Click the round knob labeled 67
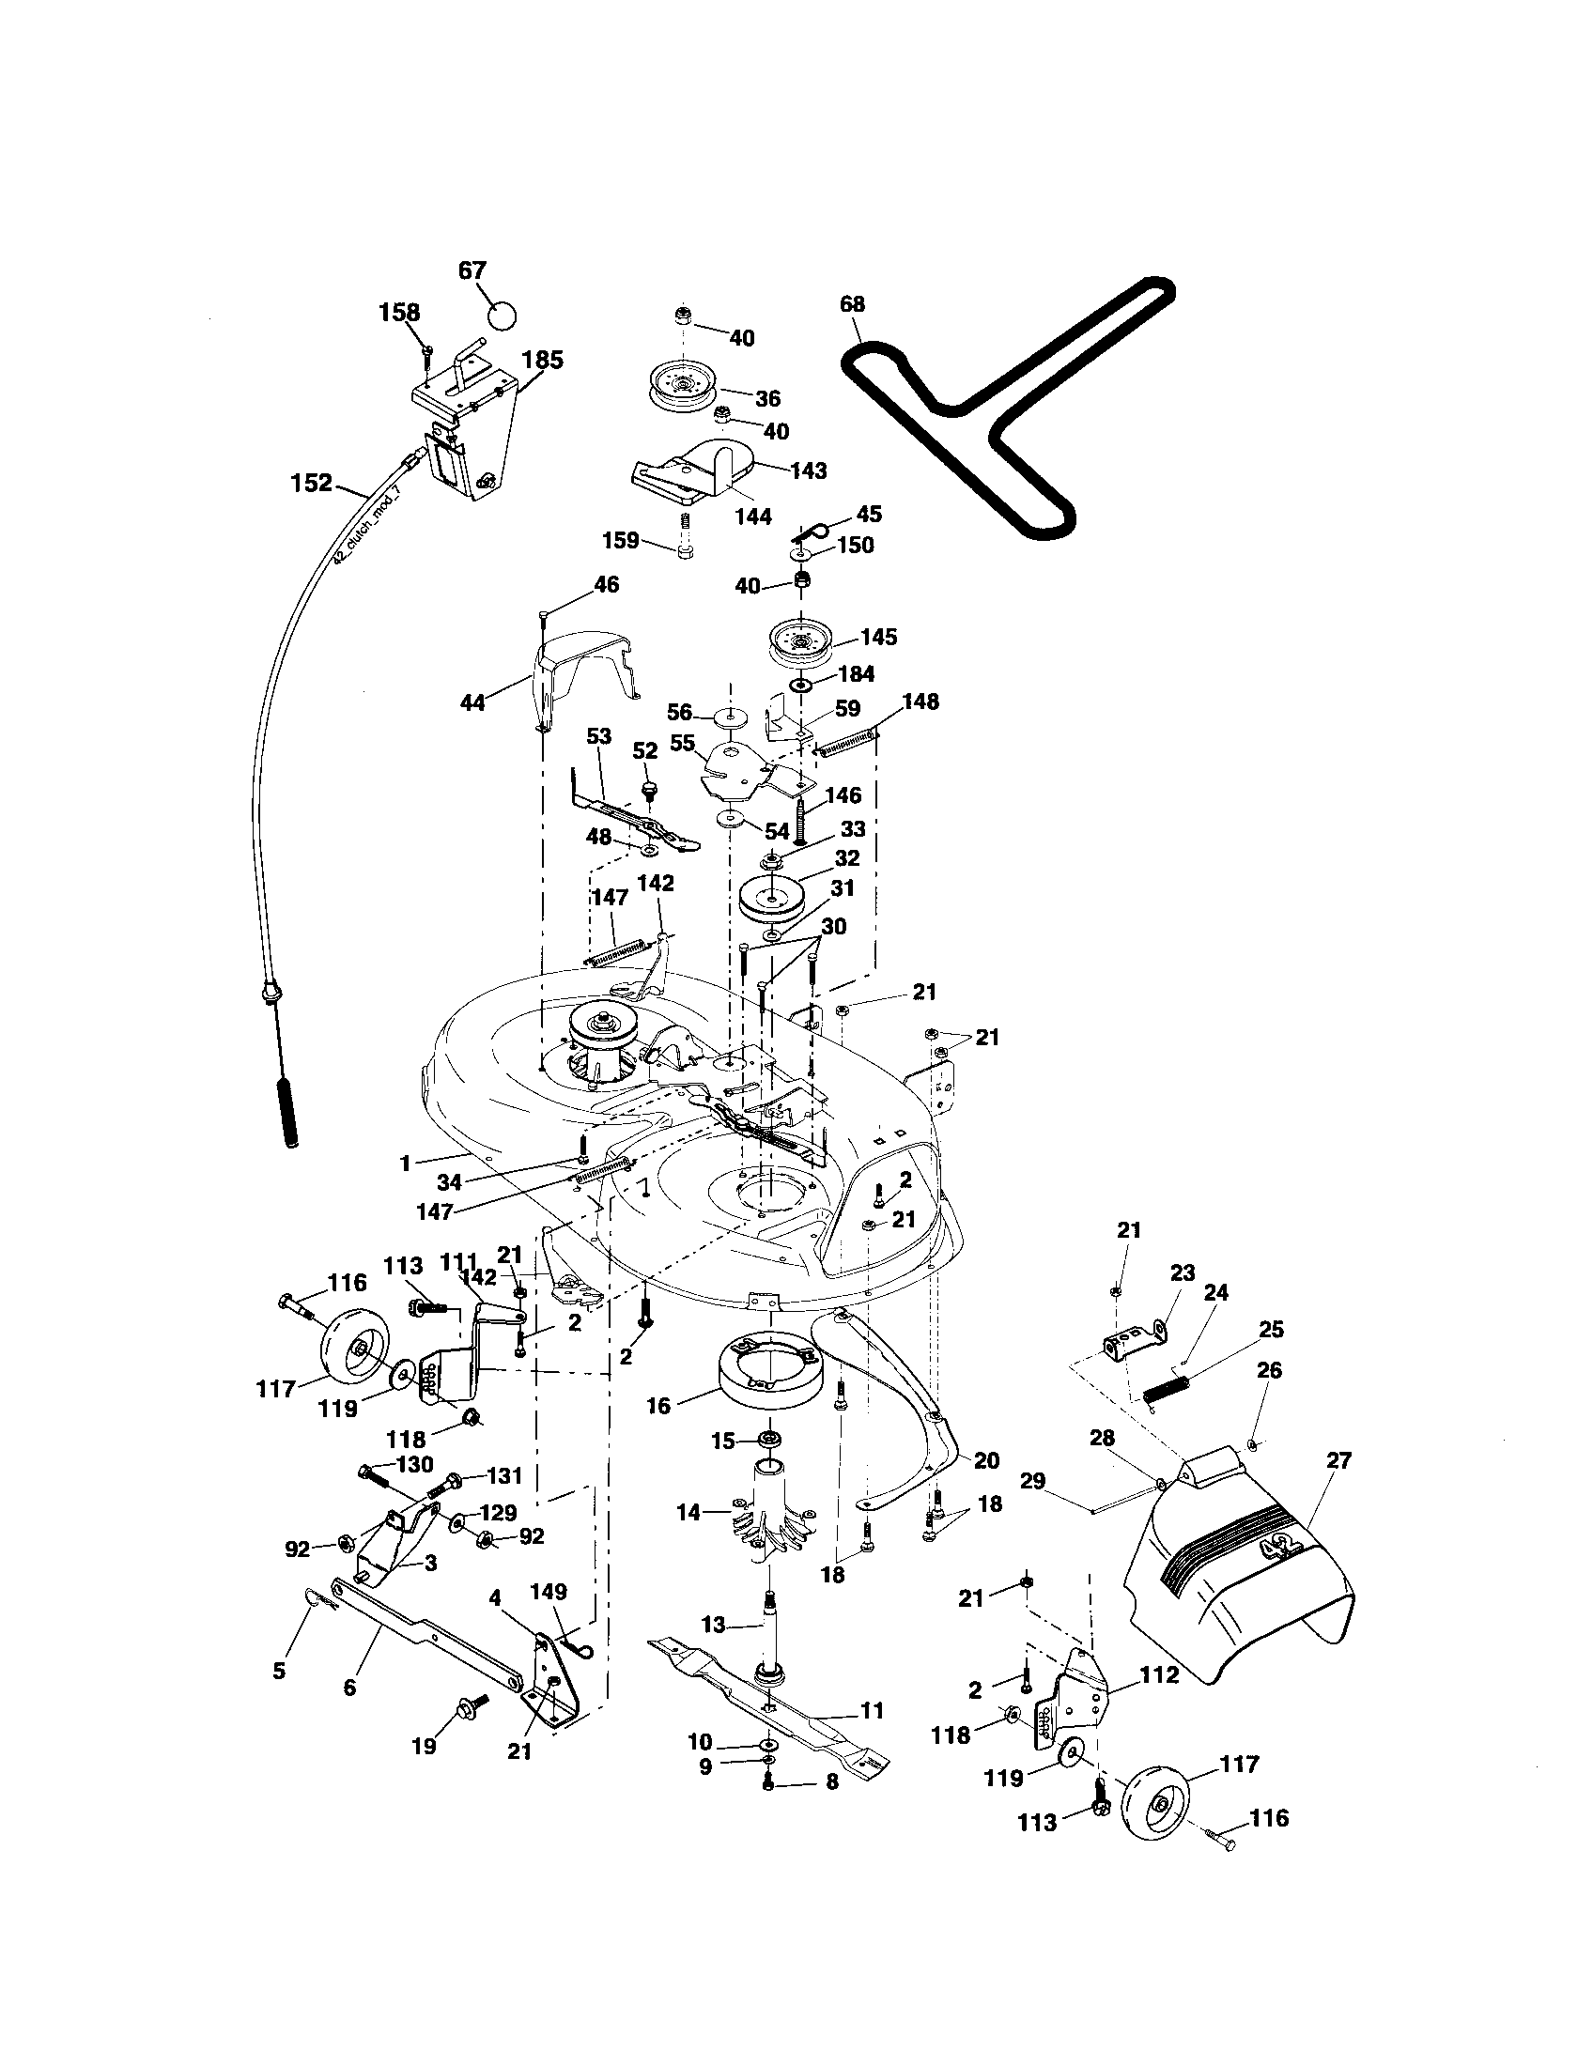pyautogui.click(x=503, y=313)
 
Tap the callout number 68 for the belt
pyautogui.click(x=851, y=304)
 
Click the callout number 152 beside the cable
pyautogui.click(x=311, y=484)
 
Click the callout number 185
pyautogui.click(x=542, y=361)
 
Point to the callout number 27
pyautogui.click(x=1338, y=1460)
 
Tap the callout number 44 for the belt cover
pyautogui.click(x=472, y=702)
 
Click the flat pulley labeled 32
pyautogui.click(x=771, y=899)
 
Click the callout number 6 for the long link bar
pyautogui.click(x=349, y=1688)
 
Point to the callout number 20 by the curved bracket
pyautogui.click(x=985, y=1460)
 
